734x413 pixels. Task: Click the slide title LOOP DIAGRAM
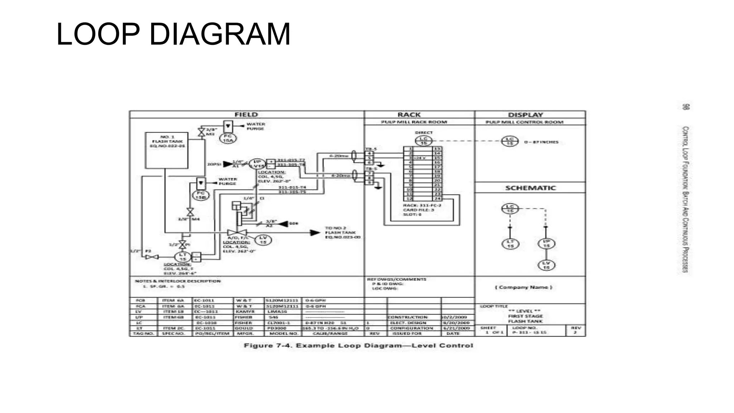173,34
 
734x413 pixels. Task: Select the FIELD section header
246,115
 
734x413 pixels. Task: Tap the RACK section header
409,115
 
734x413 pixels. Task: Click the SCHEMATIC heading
530,188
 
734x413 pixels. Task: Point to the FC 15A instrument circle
228,138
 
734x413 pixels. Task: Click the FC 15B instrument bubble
201,195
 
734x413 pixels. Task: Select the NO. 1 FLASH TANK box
167,151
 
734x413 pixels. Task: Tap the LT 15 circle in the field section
183,257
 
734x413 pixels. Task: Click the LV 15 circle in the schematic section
546,265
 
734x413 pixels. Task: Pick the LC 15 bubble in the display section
510,141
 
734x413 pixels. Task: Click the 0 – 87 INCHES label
541,142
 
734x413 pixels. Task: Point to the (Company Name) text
524,287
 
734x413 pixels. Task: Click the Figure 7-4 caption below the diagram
358,346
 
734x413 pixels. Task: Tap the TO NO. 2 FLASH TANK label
342,233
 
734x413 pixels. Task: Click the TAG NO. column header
143,333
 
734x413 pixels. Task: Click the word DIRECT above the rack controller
424,133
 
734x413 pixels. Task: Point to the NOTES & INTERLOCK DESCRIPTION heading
178,281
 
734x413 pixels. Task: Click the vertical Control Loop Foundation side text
685,199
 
